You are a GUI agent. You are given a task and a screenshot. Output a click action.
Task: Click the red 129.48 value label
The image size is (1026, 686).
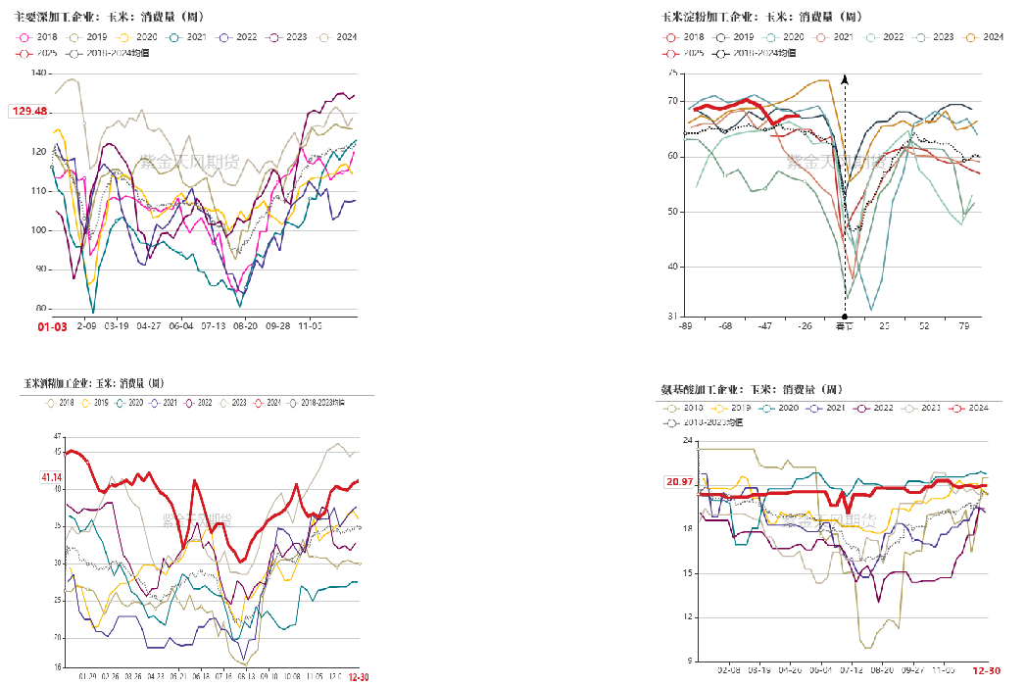(29, 112)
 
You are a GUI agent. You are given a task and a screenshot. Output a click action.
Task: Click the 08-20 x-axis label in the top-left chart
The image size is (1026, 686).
(245, 323)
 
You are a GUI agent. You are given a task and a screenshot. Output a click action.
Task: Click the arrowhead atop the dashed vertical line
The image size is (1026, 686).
(845, 77)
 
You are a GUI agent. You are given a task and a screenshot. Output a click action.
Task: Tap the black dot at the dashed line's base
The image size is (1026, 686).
(845, 317)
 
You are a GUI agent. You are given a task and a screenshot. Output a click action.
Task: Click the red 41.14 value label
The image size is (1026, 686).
(51, 477)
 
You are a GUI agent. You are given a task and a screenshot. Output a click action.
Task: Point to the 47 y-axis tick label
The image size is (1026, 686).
(58, 436)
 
